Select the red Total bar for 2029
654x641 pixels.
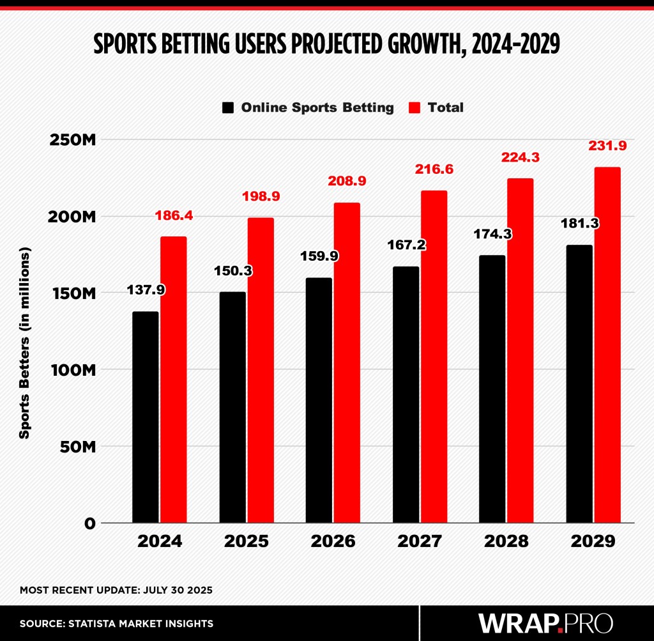(607, 345)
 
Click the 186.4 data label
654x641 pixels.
(174, 217)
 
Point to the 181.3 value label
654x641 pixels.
(579, 224)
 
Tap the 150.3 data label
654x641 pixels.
(232, 270)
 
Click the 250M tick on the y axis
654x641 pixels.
(72, 140)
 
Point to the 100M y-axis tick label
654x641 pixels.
(72, 369)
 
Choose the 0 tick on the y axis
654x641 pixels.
(89, 523)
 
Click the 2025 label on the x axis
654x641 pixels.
(246, 541)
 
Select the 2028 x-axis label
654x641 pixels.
(506, 541)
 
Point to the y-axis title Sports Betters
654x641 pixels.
(24, 344)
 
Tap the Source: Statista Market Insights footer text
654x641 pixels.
(116, 623)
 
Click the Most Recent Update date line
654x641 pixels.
(116, 590)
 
